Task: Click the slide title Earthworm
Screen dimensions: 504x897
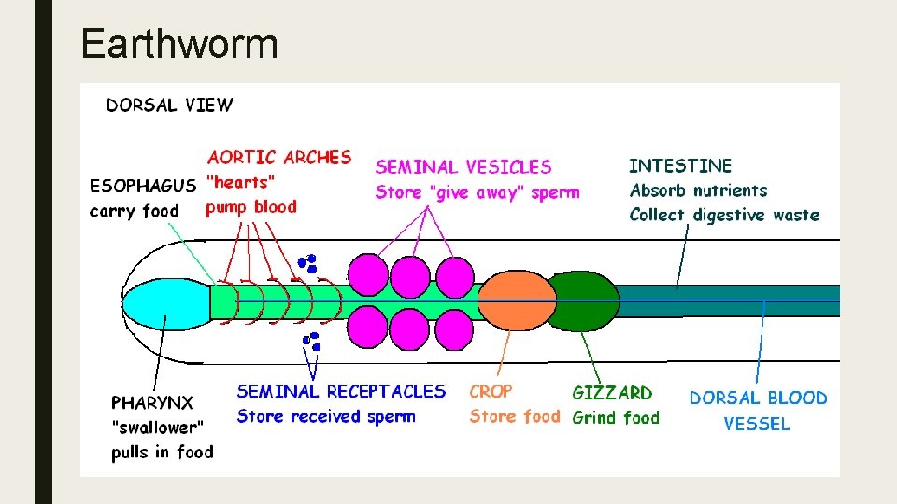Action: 179,44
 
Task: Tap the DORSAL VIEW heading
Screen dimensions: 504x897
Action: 170,105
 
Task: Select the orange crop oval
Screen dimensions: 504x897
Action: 510,301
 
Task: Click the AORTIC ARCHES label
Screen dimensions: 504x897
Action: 279,158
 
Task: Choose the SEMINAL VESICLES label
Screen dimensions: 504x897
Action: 463,167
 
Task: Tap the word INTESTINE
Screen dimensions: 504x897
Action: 680,166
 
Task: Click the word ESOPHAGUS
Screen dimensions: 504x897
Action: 143,186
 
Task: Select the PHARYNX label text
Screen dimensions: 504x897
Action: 152,403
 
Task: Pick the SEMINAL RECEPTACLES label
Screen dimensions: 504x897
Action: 341,391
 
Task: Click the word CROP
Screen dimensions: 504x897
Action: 491,392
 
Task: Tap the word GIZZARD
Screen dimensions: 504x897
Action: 612,393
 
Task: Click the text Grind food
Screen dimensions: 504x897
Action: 615,417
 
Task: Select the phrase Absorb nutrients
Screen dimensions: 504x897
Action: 698,190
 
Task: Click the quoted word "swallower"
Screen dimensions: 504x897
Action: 157,427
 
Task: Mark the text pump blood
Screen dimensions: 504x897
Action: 251,206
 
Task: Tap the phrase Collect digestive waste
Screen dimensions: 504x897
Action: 724,215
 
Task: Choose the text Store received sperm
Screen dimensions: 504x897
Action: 326,416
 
